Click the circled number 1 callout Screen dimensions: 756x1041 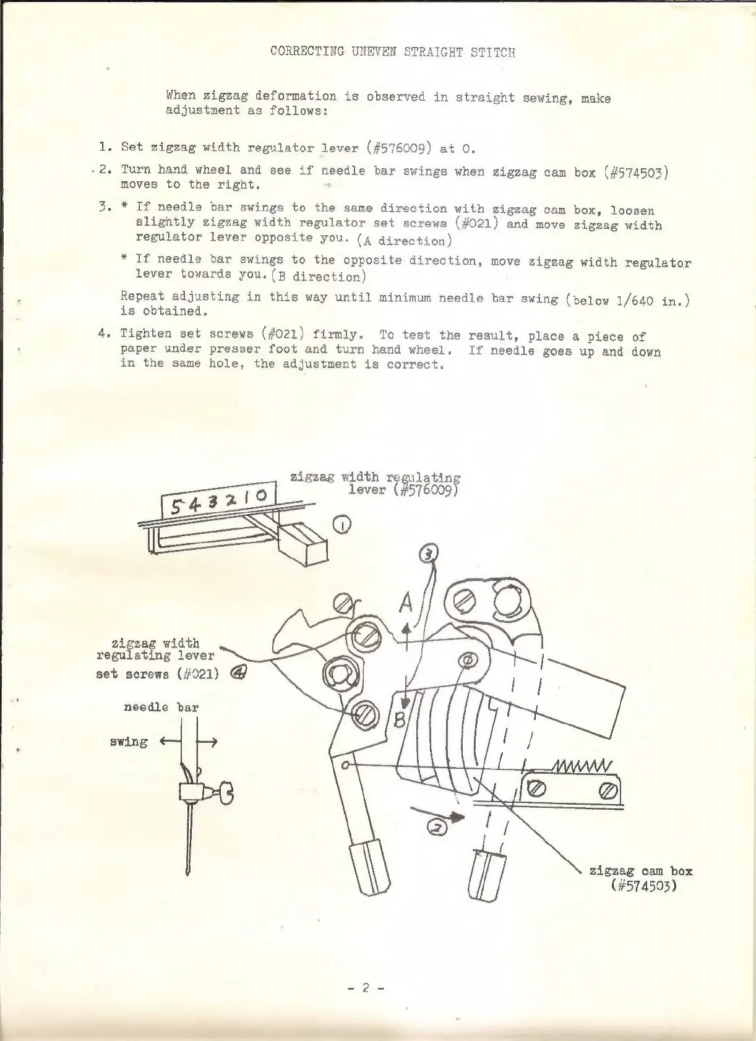tap(342, 525)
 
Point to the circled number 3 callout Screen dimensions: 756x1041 tap(429, 554)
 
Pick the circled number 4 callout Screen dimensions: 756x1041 tap(239, 674)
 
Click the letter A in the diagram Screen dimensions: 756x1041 tap(406, 602)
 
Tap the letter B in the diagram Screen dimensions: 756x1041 tap(400, 719)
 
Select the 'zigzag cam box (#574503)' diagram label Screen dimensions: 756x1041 tap(640, 878)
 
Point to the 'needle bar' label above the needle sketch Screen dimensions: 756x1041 tap(161, 707)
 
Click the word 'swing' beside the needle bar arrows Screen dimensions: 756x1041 tap(129, 741)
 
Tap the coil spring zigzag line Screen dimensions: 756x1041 tap(581, 767)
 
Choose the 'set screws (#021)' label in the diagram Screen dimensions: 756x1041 tap(157, 674)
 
